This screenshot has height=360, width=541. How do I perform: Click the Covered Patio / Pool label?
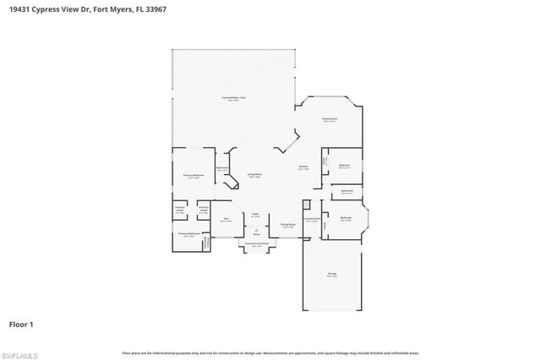tap(234, 98)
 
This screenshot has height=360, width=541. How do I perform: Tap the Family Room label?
tap(330, 120)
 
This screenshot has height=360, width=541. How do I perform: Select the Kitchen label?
tap(303, 167)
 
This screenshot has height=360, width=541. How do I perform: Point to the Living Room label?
tap(254, 175)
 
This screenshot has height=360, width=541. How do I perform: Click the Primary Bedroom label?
tap(193, 176)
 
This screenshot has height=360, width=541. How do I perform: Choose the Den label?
tap(226, 220)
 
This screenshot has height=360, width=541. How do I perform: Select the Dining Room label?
tap(287, 225)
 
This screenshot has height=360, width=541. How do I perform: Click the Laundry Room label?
tap(311, 219)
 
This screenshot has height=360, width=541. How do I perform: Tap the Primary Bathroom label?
tap(189, 234)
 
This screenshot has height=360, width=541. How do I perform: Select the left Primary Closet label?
tap(180, 209)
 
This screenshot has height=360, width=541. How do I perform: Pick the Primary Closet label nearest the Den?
tap(204, 209)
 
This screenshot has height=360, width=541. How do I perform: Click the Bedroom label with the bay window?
tap(346, 219)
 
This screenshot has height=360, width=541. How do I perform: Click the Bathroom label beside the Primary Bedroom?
tap(221, 168)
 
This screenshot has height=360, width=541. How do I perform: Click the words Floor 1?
tap(21, 323)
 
